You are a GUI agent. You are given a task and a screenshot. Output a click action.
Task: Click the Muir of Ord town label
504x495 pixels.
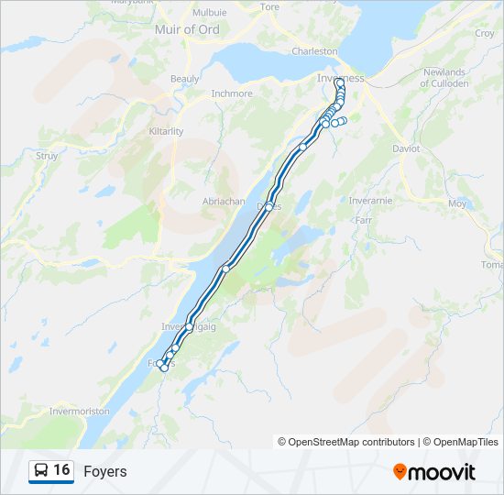tap(189, 29)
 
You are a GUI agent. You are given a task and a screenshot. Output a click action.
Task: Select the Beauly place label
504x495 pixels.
tap(185, 79)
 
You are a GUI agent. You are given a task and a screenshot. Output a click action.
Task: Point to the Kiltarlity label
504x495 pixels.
tap(166, 131)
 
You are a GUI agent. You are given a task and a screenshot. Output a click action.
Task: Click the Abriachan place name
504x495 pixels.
tap(221, 200)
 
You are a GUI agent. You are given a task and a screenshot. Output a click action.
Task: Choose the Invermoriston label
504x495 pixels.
tap(80, 412)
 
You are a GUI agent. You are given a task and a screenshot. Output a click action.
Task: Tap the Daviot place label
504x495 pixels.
tap(406, 148)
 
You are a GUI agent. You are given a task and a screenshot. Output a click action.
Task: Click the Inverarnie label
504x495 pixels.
tap(371, 201)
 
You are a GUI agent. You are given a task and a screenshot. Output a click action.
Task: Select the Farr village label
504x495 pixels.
tap(363, 220)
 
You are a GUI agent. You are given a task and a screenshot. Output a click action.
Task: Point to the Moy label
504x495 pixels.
tap(457, 203)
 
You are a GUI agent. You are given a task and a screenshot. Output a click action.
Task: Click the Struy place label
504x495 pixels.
tap(47, 156)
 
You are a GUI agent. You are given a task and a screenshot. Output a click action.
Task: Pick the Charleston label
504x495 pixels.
tap(314, 51)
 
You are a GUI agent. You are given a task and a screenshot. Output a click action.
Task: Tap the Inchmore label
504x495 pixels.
tap(231, 93)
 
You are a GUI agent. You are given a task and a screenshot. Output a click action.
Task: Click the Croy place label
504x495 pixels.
tap(485, 34)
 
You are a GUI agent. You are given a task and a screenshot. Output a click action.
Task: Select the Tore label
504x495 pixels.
tap(269, 6)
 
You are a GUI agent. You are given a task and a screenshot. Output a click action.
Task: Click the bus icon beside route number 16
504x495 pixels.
tap(41, 470)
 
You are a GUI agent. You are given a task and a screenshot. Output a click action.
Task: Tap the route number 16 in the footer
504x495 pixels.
tap(61, 470)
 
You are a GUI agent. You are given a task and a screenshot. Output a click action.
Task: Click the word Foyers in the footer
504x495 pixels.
tap(105, 471)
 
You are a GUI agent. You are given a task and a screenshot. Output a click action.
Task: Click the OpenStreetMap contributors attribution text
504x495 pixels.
tap(346, 442)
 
